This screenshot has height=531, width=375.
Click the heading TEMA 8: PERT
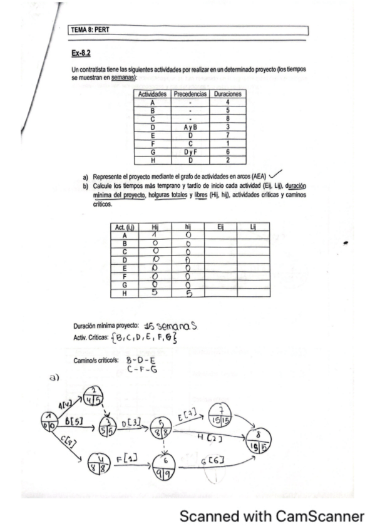click(x=92, y=30)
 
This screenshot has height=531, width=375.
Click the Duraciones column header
click(x=228, y=94)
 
